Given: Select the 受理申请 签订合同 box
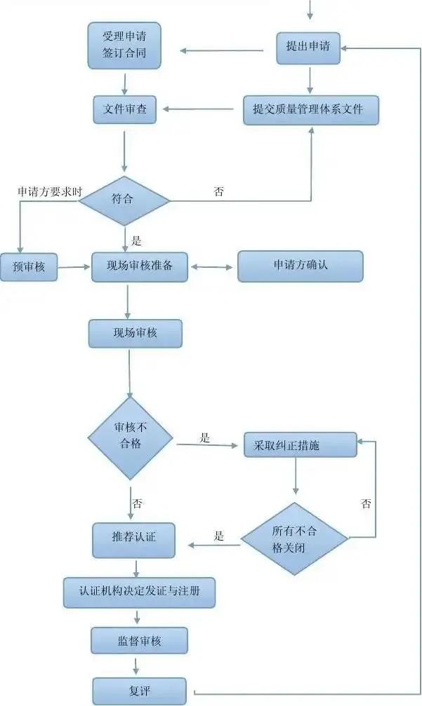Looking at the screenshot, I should click(124, 45).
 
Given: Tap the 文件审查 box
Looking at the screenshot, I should click(124, 109).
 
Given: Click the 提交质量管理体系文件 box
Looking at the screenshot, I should click(311, 109).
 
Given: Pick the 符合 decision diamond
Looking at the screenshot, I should click(124, 201).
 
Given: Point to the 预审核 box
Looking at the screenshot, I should click(29, 266).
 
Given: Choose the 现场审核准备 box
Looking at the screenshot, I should click(140, 266).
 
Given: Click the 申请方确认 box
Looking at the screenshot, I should click(301, 266).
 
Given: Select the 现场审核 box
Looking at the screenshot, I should click(135, 334).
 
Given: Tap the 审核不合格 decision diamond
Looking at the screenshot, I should click(131, 439).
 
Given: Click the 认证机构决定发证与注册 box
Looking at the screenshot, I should click(139, 592).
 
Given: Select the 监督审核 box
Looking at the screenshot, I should click(139, 640).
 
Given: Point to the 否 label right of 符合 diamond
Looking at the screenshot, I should click(218, 191).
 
